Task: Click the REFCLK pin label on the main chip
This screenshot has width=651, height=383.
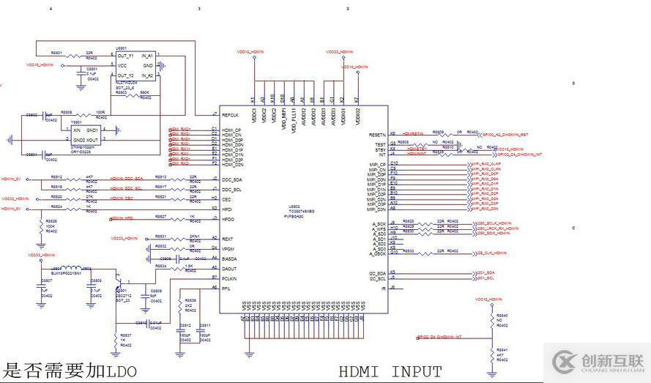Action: tap(231, 115)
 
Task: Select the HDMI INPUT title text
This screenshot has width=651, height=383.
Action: tap(390, 372)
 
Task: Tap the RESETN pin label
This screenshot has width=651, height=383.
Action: tap(377, 135)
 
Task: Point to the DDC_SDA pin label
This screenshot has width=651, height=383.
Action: tap(233, 179)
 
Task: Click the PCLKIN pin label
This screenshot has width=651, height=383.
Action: tap(230, 278)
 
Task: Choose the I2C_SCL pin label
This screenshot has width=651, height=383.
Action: tap(378, 278)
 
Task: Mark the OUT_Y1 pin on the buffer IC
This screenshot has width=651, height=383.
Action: tap(125, 56)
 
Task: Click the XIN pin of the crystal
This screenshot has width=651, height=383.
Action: tap(75, 130)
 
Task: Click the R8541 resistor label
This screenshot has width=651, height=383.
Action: tap(502, 351)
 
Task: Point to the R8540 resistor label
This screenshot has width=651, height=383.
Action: tap(502, 316)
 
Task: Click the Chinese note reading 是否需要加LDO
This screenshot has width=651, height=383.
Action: tap(70, 371)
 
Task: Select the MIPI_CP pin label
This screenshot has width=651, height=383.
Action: tap(376, 163)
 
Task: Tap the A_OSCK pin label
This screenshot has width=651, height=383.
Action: tap(378, 253)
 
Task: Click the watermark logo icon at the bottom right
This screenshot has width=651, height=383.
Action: tap(566, 362)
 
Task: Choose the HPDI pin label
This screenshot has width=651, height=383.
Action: tap(228, 209)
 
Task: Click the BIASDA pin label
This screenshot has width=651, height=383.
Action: tap(230, 259)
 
